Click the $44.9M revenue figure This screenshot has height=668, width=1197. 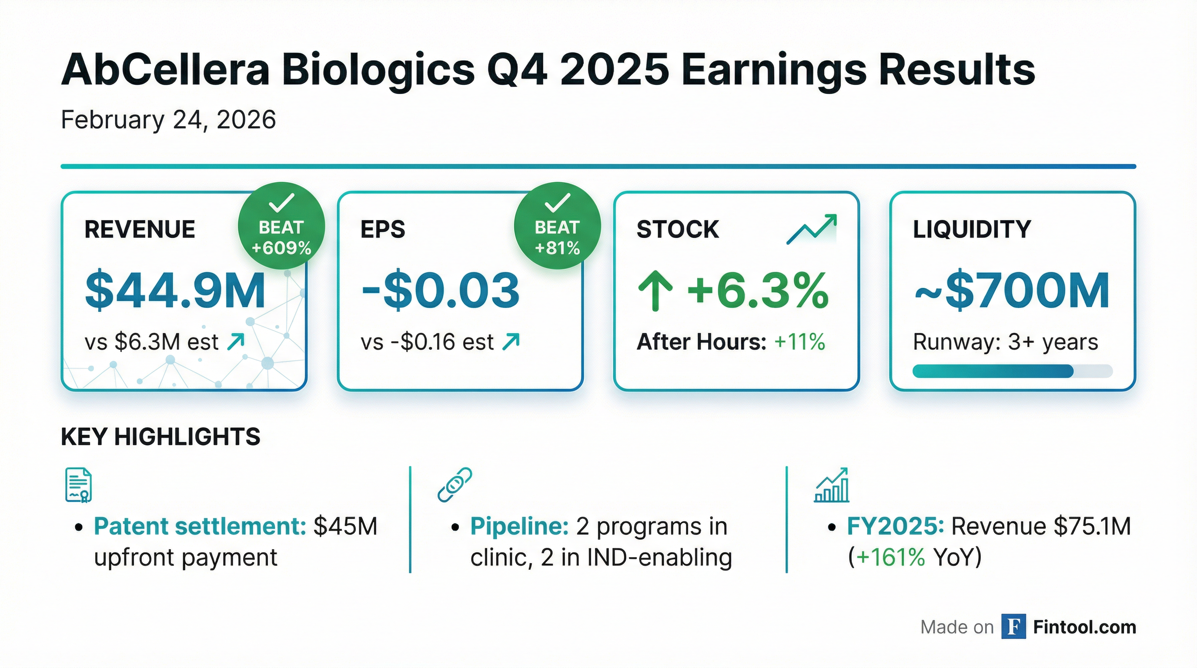click(x=175, y=291)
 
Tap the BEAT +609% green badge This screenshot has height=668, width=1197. click(x=281, y=226)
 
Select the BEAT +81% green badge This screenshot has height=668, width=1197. click(x=557, y=226)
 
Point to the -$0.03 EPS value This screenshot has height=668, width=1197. click(x=440, y=291)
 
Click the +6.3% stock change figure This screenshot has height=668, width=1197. click(x=757, y=291)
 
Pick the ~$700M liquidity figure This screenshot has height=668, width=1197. click(x=1012, y=291)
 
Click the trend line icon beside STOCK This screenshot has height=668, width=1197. click(x=811, y=229)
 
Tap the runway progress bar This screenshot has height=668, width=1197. click(x=1012, y=371)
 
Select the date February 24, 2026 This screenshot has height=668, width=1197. click(x=168, y=120)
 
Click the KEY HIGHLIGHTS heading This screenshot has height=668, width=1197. click(x=160, y=437)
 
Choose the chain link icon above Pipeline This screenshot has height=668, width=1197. click(x=455, y=484)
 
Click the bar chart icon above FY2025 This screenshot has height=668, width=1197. click(x=831, y=485)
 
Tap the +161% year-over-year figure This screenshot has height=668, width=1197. click(x=890, y=557)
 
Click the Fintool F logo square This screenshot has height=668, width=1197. click(x=1013, y=627)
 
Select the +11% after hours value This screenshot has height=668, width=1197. click(x=800, y=342)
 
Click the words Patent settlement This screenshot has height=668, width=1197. click(x=200, y=526)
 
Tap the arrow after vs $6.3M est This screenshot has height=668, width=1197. click(x=236, y=342)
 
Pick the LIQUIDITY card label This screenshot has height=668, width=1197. click(x=972, y=230)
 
